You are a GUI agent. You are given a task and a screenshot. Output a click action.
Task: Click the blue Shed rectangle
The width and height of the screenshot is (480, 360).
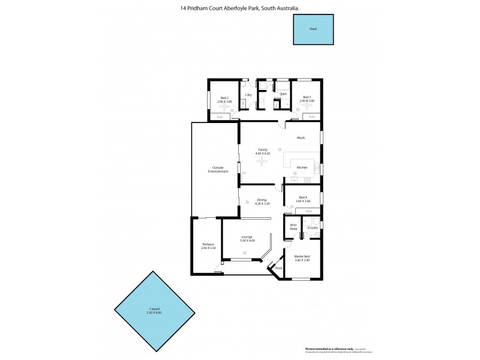pos(313,29)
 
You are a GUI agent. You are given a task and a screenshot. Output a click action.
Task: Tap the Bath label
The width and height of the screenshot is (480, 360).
pos(283,94)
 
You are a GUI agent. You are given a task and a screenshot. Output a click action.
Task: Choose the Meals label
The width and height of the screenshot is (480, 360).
pos(301,138)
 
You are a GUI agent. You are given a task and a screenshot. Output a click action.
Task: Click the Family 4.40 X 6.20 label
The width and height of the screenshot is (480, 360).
pos(263,151)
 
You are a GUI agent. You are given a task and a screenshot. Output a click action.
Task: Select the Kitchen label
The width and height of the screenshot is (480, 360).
pos(302,167)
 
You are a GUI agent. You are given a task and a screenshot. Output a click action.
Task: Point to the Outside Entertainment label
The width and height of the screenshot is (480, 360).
pos(218,169)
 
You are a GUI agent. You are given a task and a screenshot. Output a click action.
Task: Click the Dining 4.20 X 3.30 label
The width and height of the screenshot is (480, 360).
pos(262,202)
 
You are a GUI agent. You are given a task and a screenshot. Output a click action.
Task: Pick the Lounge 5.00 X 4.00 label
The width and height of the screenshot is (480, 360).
pos(247,238)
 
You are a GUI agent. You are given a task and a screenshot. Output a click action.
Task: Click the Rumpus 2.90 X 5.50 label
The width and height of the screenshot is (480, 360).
pos(208,246)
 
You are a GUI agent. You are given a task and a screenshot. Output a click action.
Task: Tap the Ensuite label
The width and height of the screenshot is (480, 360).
pos(313,228)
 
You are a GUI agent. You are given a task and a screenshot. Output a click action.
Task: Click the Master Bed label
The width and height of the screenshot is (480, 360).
pos(301,257)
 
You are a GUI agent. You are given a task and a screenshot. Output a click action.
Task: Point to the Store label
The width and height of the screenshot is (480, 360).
pos(278,268)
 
